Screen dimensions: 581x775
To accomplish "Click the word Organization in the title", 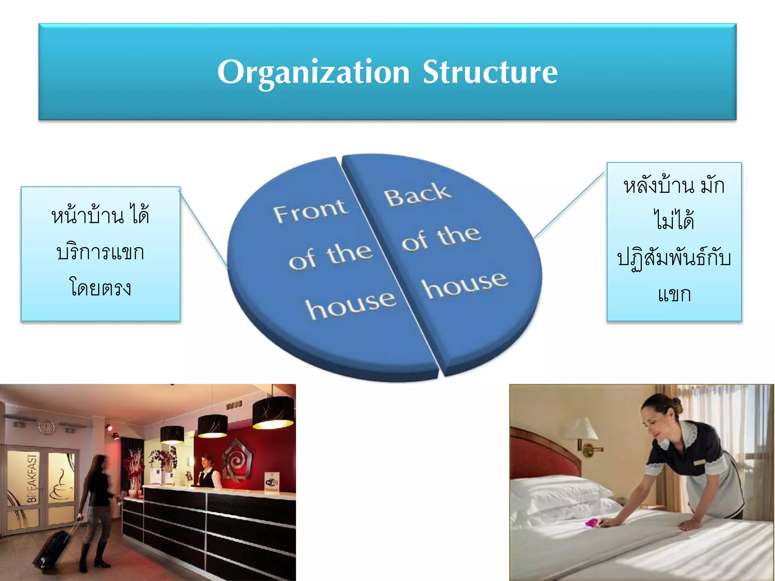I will [313, 72].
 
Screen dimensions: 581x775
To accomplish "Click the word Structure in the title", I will [490, 72].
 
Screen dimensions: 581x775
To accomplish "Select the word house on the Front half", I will [350, 305].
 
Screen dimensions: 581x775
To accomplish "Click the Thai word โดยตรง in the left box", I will [100, 288].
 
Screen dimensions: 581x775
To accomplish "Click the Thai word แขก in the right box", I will [674, 294].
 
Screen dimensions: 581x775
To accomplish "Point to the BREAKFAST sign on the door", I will [33, 478].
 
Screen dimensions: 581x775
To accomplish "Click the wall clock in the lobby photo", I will [46, 427].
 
